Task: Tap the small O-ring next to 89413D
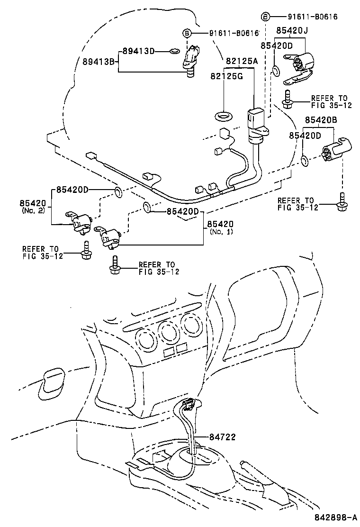click(x=174, y=51)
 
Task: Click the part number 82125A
click(x=241, y=61)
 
